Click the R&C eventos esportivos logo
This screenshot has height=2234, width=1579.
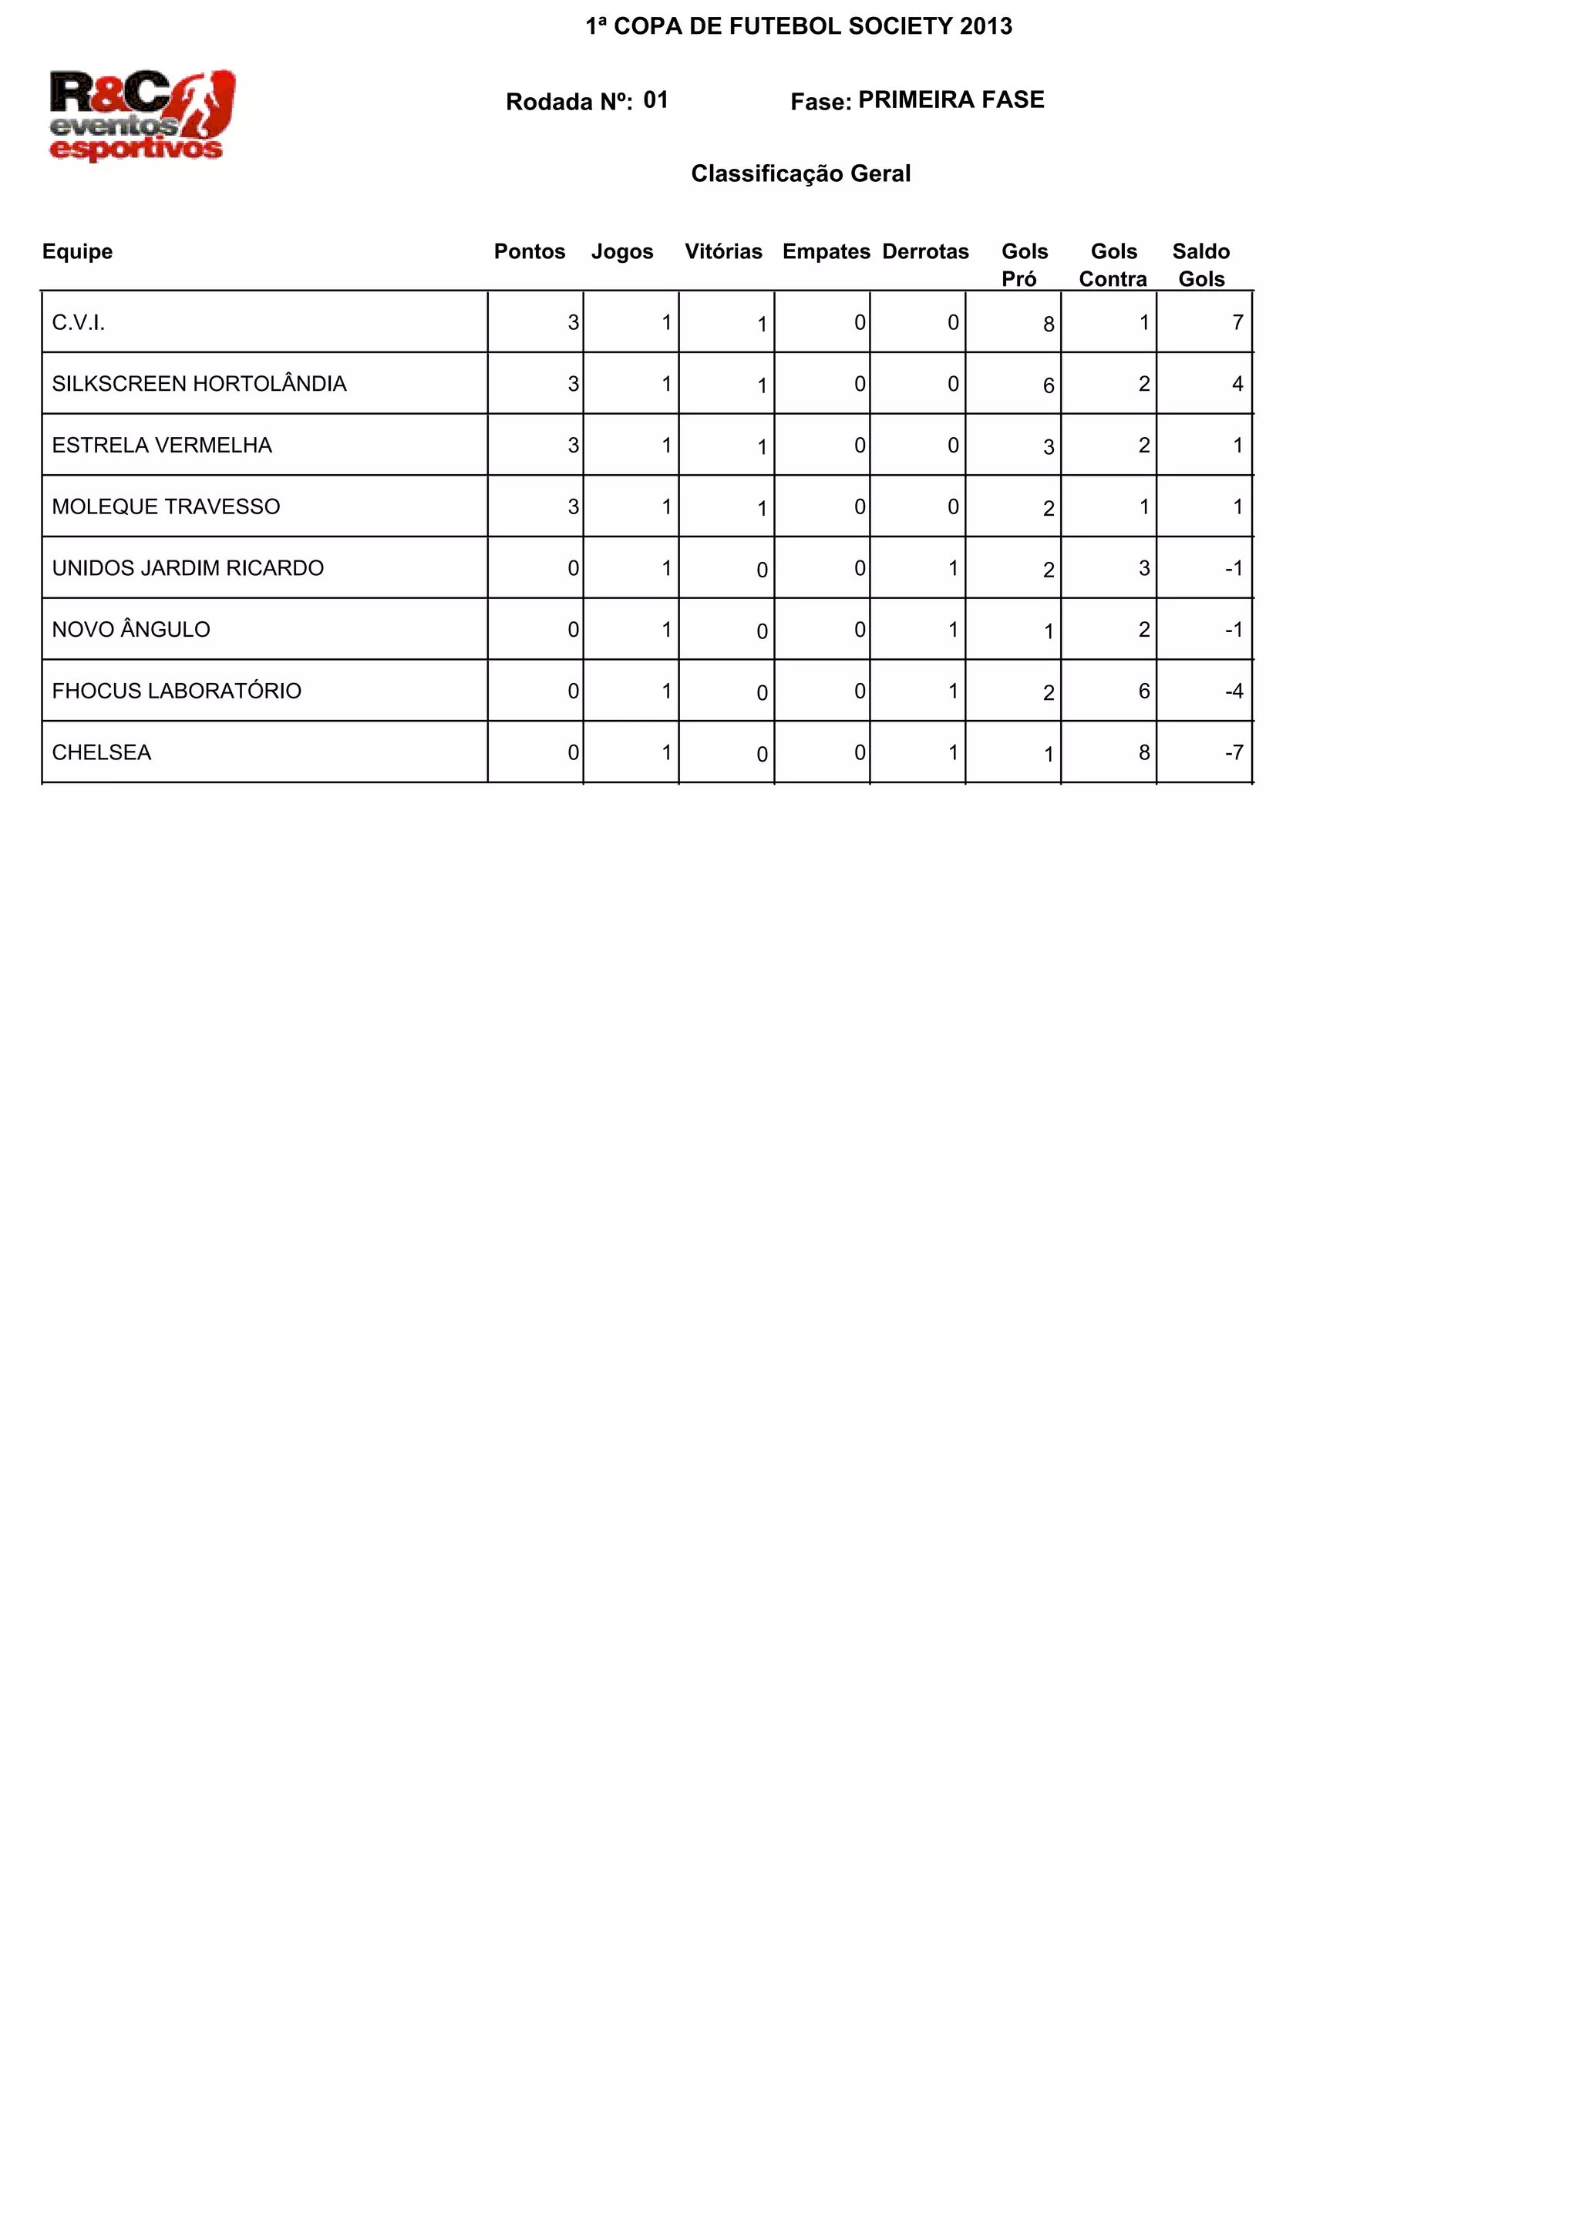click(x=142, y=115)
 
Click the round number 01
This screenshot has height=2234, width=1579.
click(x=655, y=100)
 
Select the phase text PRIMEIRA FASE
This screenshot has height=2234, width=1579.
click(x=951, y=100)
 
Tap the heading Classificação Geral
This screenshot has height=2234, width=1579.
click(x=801, y=174)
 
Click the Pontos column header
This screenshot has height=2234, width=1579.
click(x=529, y=252)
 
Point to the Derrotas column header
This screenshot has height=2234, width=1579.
click(x=925, y=252)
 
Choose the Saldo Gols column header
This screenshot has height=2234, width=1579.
click(x=1200, y=264)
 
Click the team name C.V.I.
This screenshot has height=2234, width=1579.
click(x=79, y=323)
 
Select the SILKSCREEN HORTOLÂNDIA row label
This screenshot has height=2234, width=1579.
click(x=200, y=385)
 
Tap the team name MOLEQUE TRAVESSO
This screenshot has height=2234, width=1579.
click(x=167, y=507)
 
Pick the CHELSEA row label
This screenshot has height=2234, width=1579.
click(x=102, y=753)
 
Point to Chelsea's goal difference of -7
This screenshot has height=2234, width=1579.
click(x=1234, y=753)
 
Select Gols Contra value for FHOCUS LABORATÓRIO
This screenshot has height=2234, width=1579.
click(x=1144, y=691)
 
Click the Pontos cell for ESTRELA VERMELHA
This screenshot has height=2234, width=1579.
click(x=573, y=446)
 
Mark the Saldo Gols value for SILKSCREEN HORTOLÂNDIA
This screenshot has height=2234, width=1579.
click(x=1237, y=385)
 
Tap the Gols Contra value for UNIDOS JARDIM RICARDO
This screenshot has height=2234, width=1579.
click(x=1144, y=568)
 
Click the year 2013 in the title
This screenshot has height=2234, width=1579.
click(x=985, y=26)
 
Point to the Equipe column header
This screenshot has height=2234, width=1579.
click(x=78, y=252)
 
